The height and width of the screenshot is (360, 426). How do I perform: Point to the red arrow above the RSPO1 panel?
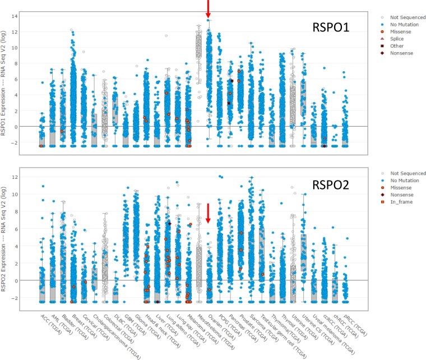tap(209, 8)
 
